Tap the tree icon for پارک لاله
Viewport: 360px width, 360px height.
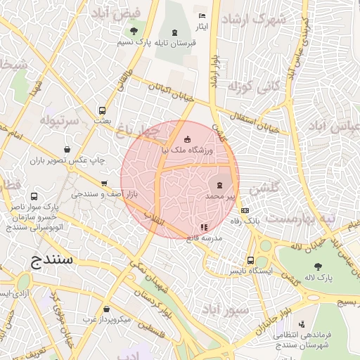coord(318,266)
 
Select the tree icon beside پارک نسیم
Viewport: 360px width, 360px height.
coord(134,31)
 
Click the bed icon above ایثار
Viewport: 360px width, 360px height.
coord(202,15)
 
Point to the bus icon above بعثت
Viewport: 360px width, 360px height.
coord(103,110)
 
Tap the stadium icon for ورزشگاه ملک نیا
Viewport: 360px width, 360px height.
coord(186,139)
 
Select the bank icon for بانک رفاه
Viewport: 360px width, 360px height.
coord(245,210)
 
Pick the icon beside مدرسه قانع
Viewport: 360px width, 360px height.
coord(204,227)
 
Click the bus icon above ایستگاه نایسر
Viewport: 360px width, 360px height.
coord(250,259)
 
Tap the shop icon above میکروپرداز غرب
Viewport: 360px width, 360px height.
coord(105,309)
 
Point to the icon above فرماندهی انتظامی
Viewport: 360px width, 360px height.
coord(302,324)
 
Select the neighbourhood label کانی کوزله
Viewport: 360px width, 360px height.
coord(250,88)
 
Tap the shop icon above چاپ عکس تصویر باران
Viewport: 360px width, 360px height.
coord(67,149)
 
